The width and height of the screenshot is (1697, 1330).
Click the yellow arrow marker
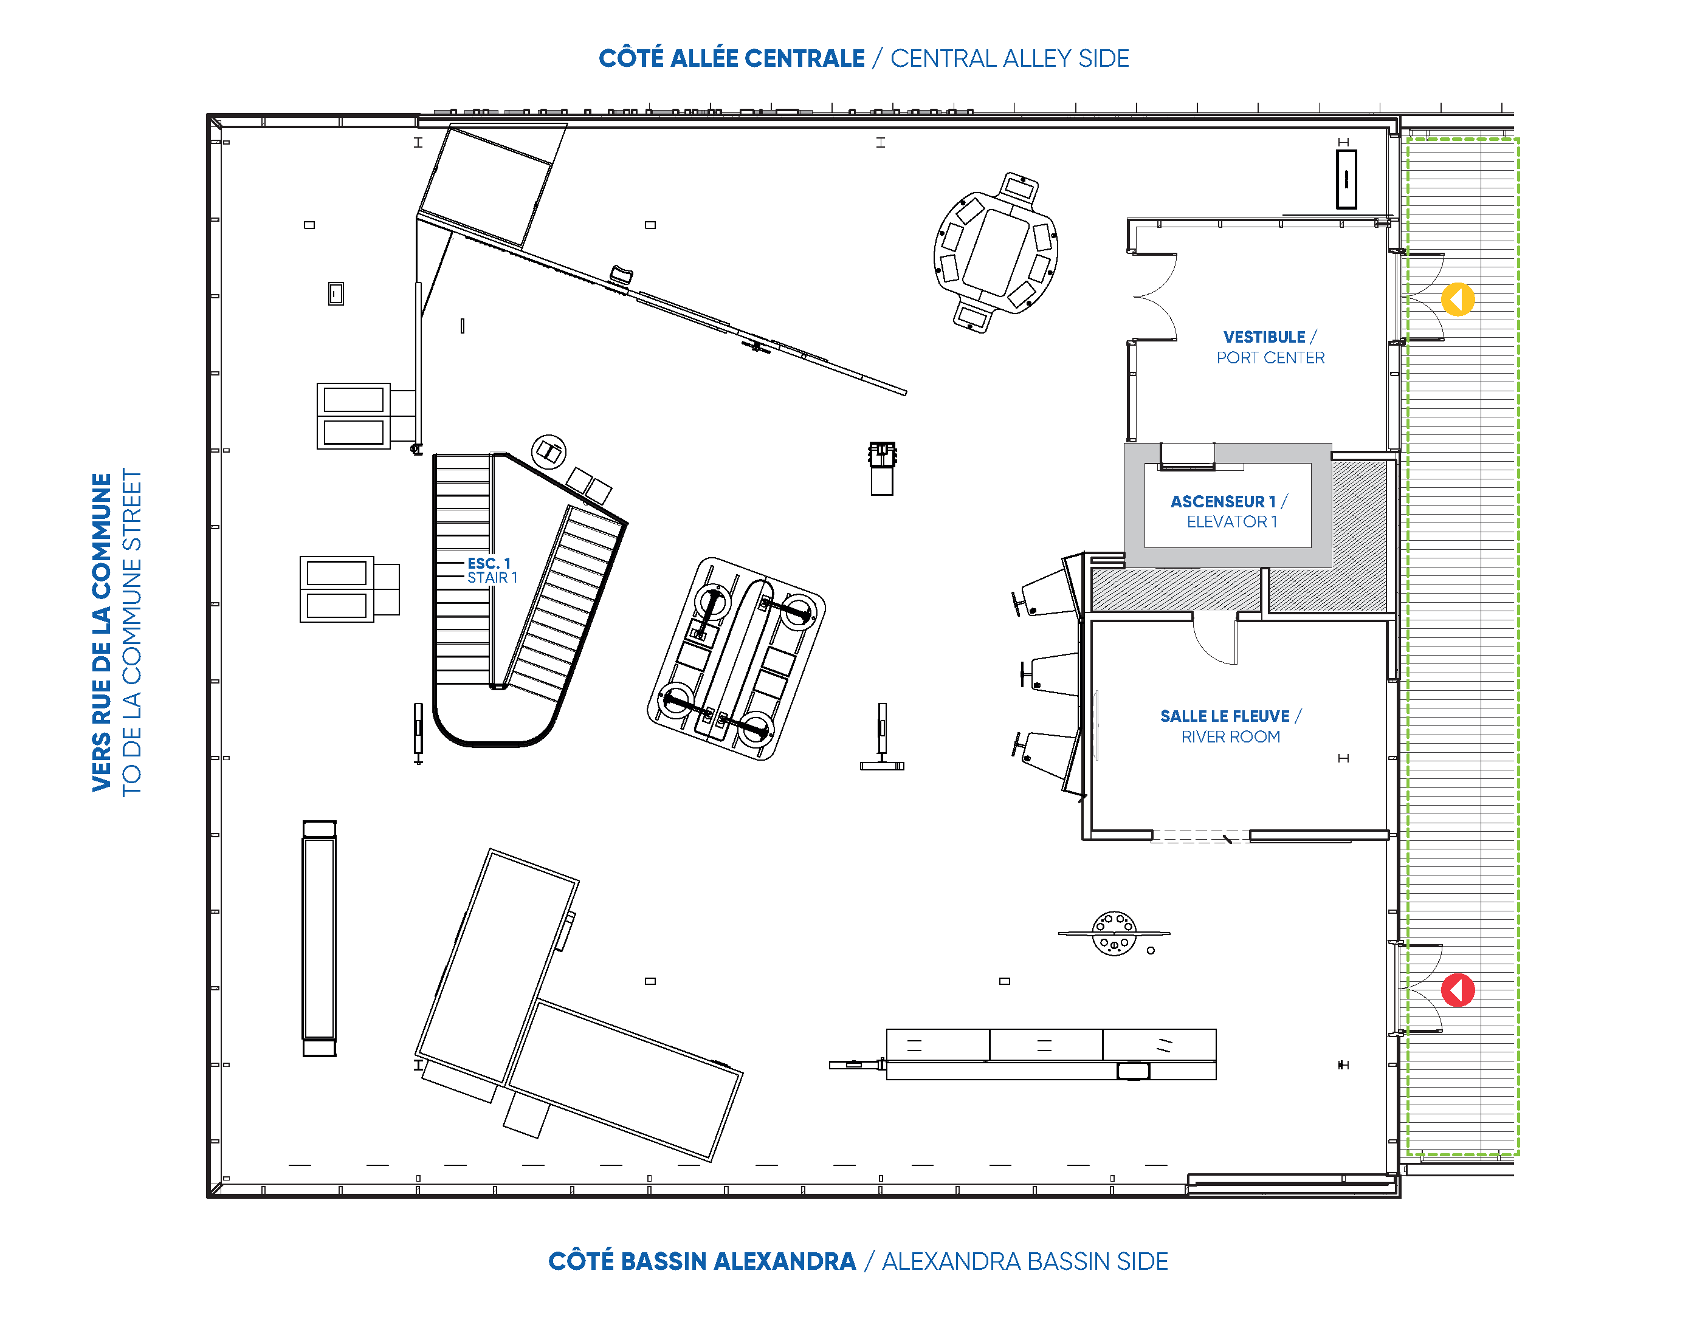(1457, 299)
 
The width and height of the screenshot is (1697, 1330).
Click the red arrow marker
(1457, 990)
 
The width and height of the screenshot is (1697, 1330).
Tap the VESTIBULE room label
(1264, 337)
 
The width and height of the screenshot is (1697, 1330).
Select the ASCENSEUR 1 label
(1223, 501)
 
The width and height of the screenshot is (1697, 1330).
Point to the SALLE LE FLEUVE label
(1224, 716)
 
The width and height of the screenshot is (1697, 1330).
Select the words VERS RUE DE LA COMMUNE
(102, 632)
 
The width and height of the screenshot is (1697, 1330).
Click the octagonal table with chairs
(996, 252)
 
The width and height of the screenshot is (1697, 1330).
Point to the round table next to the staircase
(548, 451)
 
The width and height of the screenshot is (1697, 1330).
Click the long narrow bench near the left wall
(318, 938)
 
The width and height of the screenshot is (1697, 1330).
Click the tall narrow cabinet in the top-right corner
(1346, 179)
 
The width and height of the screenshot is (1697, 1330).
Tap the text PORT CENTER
(1270, 358)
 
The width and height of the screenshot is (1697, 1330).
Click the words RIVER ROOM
(1230, 736)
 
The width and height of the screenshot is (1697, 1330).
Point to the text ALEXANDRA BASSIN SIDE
(1025, 1261)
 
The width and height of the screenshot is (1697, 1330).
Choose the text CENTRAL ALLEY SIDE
(1010, 58)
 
